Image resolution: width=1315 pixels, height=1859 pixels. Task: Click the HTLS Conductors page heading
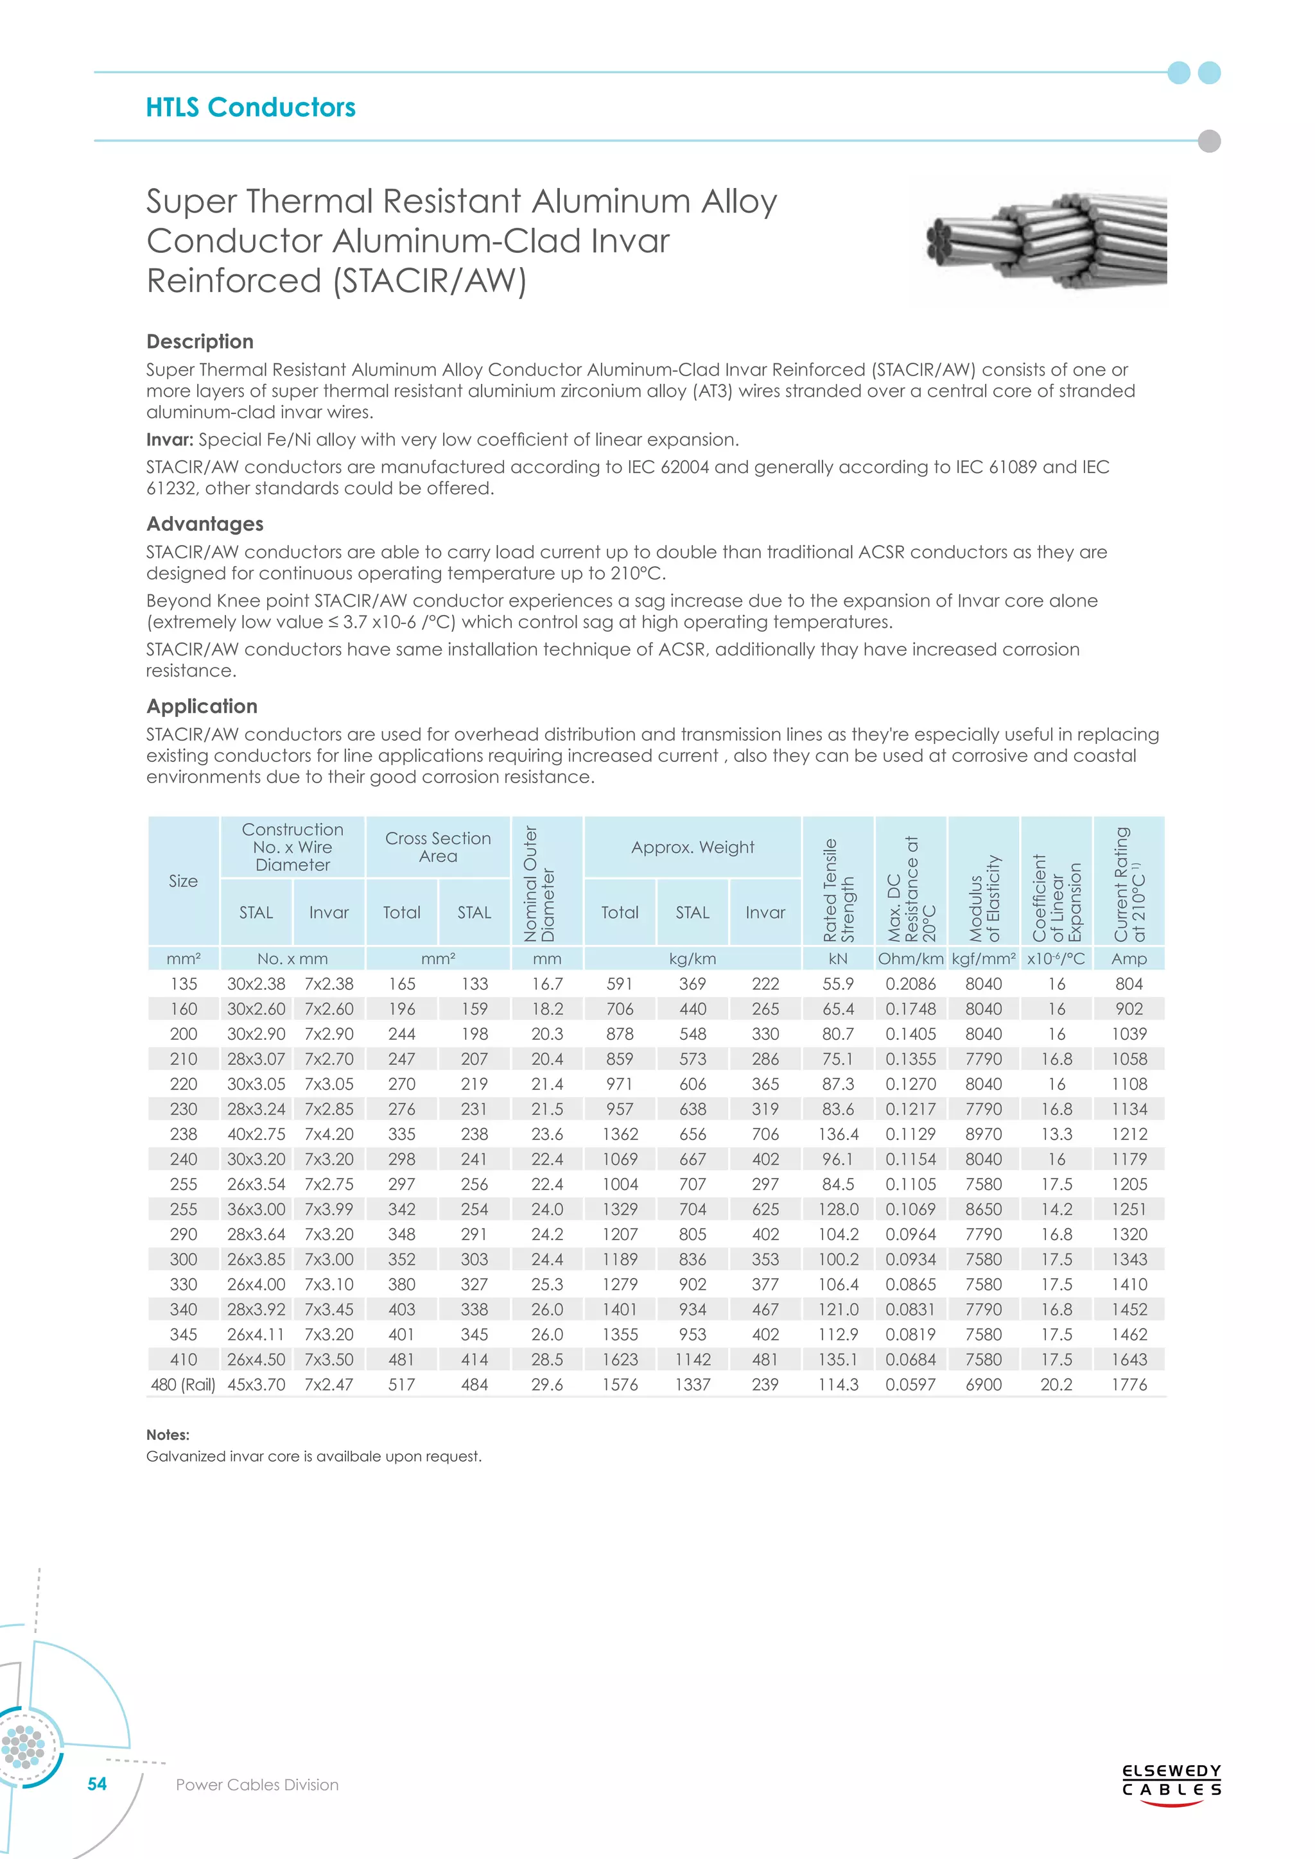tap(250, 108)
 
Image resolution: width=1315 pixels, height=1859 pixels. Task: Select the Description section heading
tap(200, 342)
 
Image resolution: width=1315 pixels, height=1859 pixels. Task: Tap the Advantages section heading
tap(205, 524)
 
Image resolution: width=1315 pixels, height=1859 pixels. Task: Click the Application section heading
tap(202, 706)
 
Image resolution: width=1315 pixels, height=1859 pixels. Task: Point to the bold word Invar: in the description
tap(170, 440)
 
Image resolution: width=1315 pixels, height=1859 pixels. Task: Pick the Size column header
tap(183, 881)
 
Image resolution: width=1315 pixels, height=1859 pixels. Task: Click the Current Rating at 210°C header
tap(1129, 884)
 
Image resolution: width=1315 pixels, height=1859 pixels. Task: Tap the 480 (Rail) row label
tap(183, 1385)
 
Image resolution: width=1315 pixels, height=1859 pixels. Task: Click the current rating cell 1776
tap(1129, 1385)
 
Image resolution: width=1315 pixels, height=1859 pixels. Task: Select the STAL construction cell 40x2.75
tap(256, 1134)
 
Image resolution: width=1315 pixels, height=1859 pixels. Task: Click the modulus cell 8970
tap(983, 1134)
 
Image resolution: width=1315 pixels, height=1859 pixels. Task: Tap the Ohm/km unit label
tap(911, 958)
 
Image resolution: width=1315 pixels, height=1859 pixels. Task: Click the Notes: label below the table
tap(168, 1435)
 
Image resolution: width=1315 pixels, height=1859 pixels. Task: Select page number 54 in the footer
tap(97, 1784)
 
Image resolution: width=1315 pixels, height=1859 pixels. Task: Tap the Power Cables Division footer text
tap(257, 1785)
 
